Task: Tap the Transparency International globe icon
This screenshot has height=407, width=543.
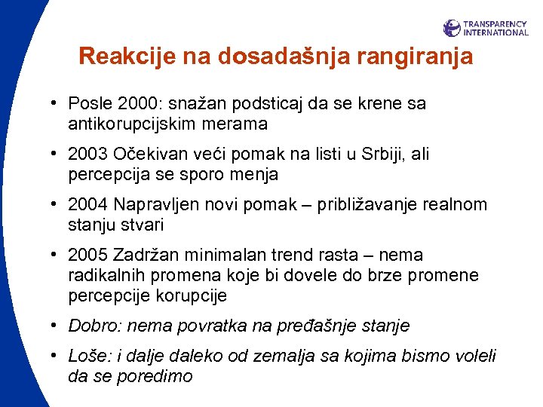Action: (452, 28)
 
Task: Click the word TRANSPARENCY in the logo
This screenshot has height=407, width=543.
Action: (496, 23)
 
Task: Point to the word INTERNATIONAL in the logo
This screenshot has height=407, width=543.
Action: (496, 32)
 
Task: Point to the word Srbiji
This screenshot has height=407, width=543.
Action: (384, 155)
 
